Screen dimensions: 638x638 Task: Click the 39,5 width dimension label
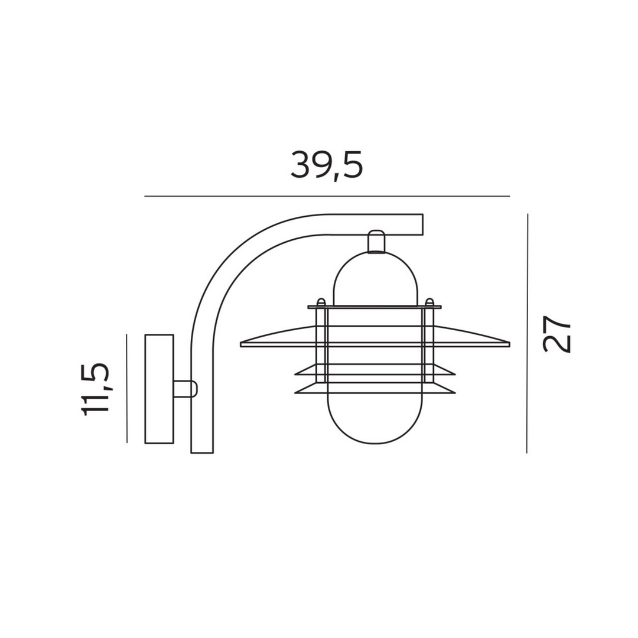pyautogui.click(x=326, y=165)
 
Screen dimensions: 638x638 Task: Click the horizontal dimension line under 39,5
pyautogui.click(x=327, y=196)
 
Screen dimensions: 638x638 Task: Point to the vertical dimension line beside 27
pyautogui.click(x=528, y=333)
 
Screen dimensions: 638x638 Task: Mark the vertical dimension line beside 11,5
pyautogui.click(x=127, y=388)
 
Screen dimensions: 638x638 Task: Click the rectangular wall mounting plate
pyautogui.click(x=159, y=389)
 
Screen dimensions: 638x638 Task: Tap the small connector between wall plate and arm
pyautogui.click(x=185, y=389)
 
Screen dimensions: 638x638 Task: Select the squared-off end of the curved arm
pyautogui.click(x=422, y=224)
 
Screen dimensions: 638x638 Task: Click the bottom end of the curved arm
pyautogui.click(x=202, y=452)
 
